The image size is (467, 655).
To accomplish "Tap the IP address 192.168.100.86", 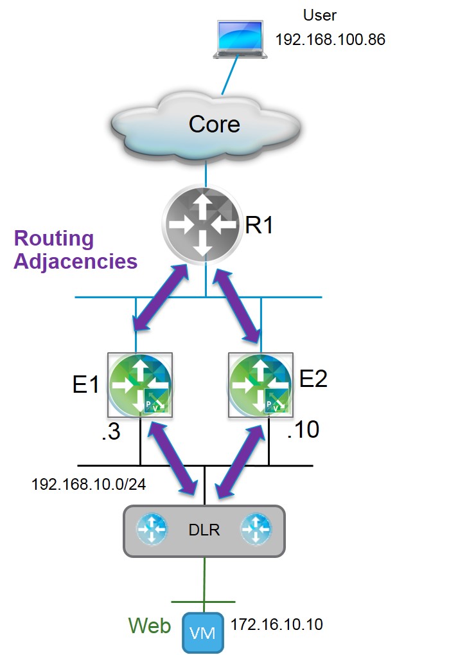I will click(x=330, y=40).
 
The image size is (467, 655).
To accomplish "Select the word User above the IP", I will click(x=319, y=15).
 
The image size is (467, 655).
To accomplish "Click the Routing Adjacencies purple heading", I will click(x=75, y=250).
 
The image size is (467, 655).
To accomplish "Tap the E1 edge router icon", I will click(x=140, y=384).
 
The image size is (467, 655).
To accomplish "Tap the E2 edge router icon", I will click(x=260, y=384).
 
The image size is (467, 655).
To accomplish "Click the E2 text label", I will click(x=313, y=379).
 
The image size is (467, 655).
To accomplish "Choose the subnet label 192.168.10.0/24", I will click(x=89, y=484).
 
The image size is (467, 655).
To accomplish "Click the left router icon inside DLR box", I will click(x=152, y=530).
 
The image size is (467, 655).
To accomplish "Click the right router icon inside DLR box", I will click(x=255, y=530).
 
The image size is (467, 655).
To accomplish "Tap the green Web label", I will click(x=149, y=625).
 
